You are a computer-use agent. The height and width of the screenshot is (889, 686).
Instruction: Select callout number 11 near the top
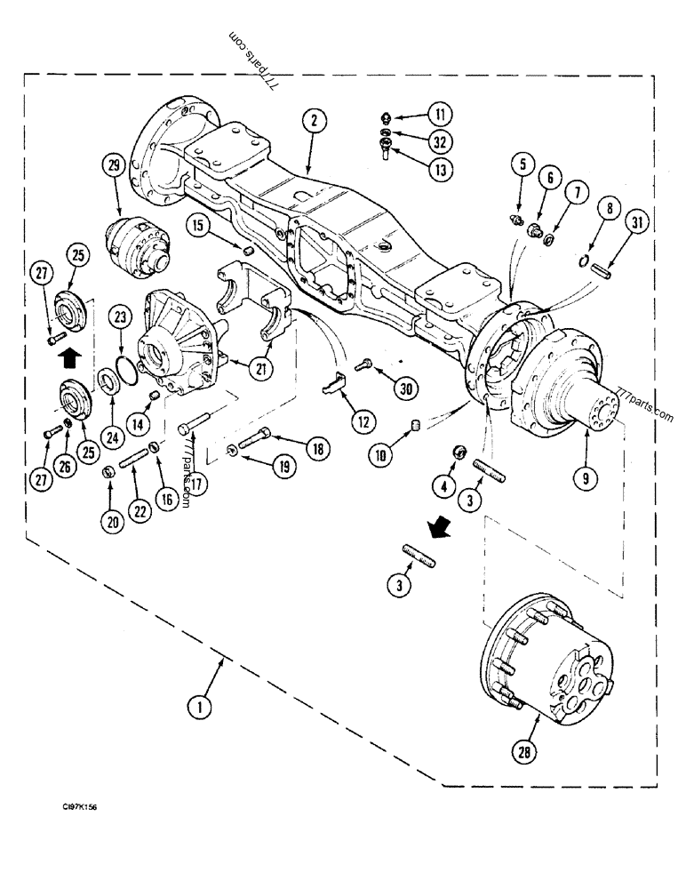point(439,114)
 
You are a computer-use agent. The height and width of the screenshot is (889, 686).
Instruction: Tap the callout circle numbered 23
point(121,316)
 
